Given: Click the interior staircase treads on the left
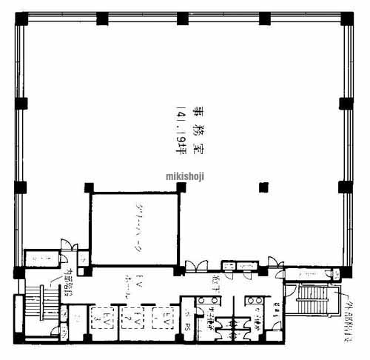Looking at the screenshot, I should [x=34, y=309].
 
